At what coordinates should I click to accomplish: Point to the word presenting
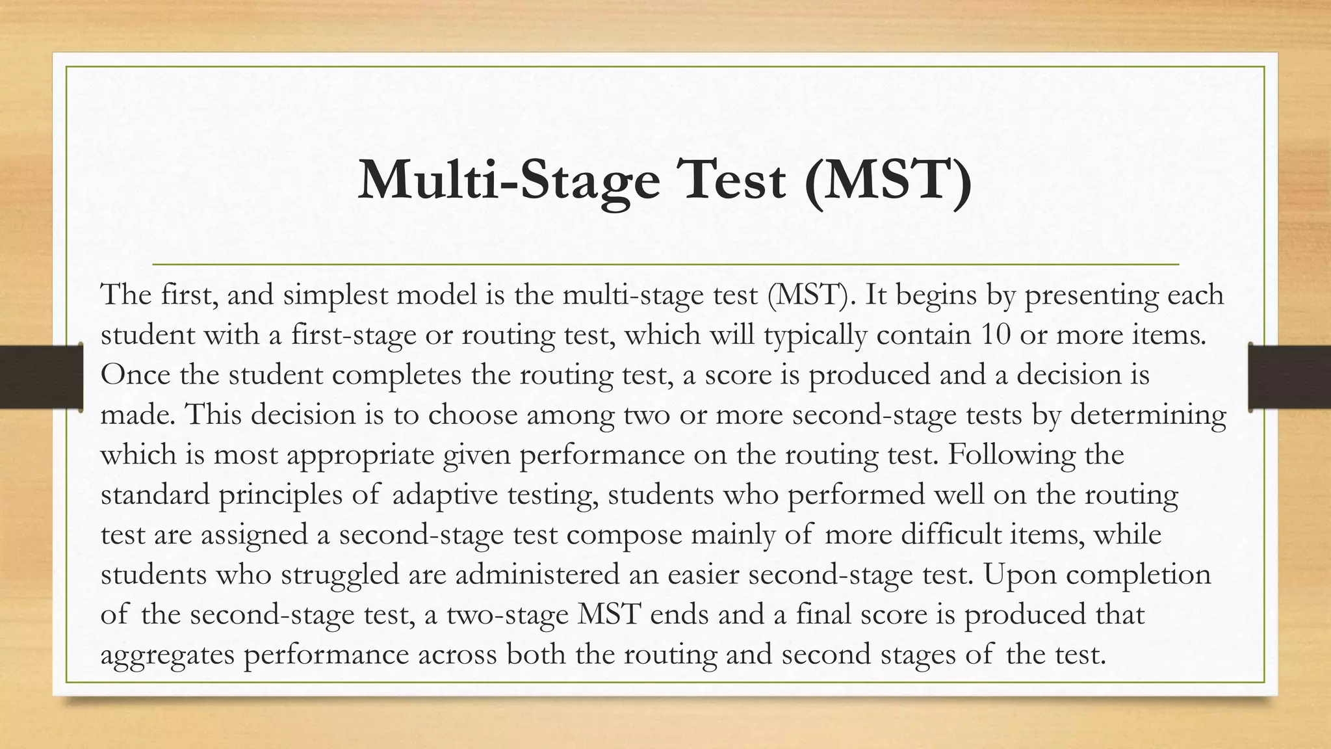click(x=1091, y=296)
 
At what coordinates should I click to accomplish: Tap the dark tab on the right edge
click(x=1289, y=377)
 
